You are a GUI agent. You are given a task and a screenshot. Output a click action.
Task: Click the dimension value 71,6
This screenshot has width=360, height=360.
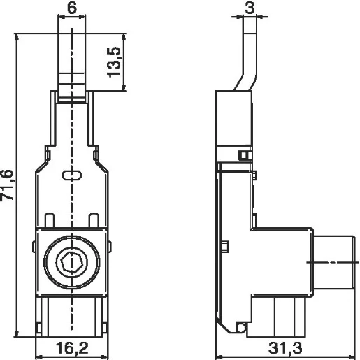coord(8,186)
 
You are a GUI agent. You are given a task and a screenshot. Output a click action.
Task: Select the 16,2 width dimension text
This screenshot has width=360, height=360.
coord(72,347)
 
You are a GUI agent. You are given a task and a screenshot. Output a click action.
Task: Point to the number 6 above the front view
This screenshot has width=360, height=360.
coord(72,8)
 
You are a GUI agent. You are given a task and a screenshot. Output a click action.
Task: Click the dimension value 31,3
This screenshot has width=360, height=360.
coord(287,347)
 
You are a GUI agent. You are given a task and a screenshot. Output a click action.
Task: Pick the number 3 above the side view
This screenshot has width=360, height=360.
coord(248,8)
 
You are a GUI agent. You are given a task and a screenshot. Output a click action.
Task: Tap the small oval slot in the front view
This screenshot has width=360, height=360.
coord(72,177)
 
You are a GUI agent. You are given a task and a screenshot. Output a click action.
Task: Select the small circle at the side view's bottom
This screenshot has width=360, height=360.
coord(241,328)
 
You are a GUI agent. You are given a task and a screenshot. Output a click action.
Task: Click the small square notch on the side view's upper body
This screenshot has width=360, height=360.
coord(243,154)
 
